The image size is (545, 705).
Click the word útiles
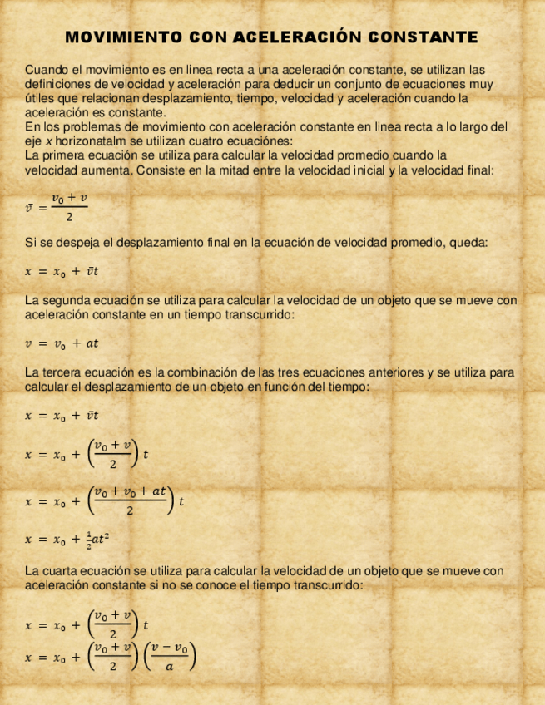[39, 98]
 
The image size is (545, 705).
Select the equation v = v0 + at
[62, 343]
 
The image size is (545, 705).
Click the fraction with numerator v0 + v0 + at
[131, 501]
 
